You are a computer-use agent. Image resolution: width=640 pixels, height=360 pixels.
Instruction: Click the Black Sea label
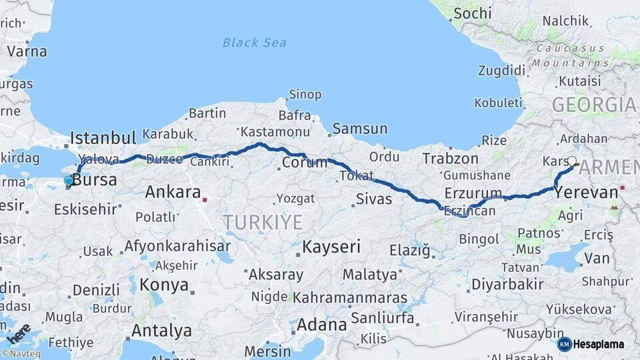(x=255, y=43)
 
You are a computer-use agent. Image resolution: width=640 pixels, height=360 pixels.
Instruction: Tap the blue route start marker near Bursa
(x=68, y=181)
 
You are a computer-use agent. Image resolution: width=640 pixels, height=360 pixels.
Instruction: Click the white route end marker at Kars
(x=571, y=161)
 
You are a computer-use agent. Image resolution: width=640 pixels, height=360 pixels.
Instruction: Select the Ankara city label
(x=173, y=193)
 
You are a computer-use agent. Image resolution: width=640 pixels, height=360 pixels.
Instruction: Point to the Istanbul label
(x=103, y=138)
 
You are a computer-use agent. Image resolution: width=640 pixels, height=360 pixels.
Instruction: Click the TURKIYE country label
(x=263, y=222)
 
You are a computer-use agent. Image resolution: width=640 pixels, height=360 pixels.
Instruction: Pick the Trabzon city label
(x=450, y=159)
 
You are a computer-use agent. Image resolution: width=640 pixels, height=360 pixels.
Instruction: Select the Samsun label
(x=359, y=129)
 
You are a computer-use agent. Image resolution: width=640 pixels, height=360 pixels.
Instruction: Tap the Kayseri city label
(x=331, y=247)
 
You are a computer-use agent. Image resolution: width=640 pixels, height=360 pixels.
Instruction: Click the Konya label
(x=164, y=285)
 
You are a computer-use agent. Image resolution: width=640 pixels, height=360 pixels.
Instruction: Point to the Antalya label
(x=161, y=331)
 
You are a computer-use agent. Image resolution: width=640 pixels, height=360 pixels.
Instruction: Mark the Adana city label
(x=322, y=325)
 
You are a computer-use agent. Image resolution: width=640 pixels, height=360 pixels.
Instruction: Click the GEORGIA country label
(x=593, y=105)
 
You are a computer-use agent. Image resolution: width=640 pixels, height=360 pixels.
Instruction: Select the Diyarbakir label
(x=507, y=284)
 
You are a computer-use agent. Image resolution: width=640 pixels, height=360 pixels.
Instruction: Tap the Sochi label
(x=472, y=13)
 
